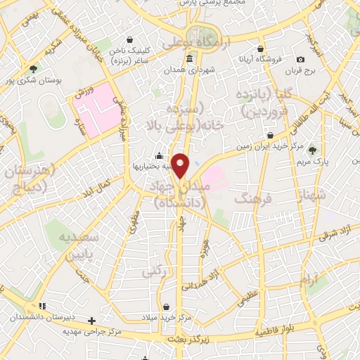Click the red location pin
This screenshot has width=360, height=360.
[x=181, y=165]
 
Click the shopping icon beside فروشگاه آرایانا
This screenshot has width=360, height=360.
[x=261, y=49]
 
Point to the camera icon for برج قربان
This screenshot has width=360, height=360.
[x=301, y=60]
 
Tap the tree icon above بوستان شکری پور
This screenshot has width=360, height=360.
[x=32, y=67]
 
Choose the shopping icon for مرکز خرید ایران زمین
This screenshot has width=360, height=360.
[x=270, y=135]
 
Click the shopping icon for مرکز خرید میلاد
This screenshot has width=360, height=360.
[x=166, y=307]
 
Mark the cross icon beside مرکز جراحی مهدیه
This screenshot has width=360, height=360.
[x=91, y=321]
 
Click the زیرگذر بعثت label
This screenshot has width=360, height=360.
[x=193, y=340]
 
